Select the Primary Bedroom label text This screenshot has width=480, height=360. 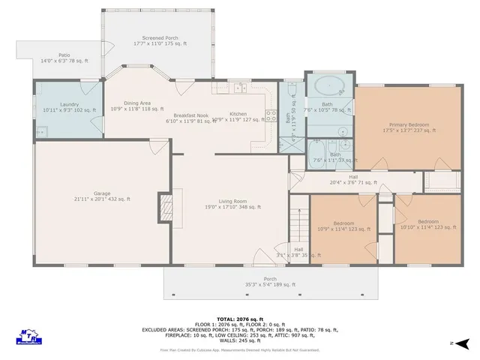409,127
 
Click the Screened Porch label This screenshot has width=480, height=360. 159,40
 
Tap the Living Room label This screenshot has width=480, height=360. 232,203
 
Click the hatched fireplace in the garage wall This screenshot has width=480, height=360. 163,206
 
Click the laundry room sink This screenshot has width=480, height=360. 40,131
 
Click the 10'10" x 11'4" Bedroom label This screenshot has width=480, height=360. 427,224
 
